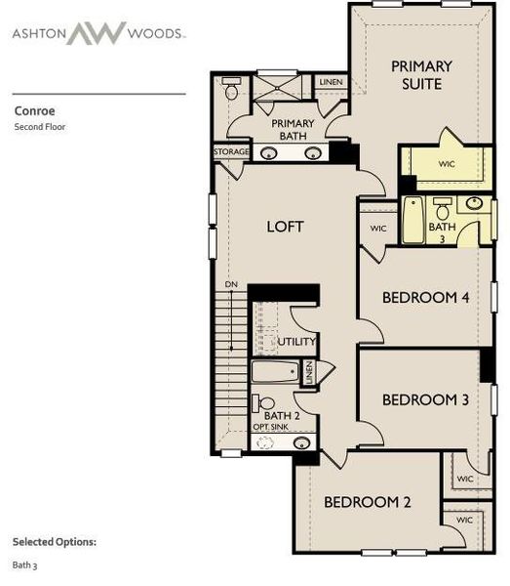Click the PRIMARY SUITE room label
(421, 75)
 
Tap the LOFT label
(285, 227)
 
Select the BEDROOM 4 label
(426, 297)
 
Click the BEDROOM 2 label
(368, 502)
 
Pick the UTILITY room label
(296, 342)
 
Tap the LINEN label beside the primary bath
(332, 82)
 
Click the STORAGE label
(231, 152)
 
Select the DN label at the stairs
(231, 284)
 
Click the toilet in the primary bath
(232, 89)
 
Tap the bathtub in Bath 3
(413, 221)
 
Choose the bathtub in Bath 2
(276, 372)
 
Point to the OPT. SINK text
(270, 428)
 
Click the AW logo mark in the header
(97, 32)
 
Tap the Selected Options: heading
(55, 541)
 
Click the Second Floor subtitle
(39, 126)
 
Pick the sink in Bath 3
(474, 204)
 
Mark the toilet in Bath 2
(265, 401)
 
